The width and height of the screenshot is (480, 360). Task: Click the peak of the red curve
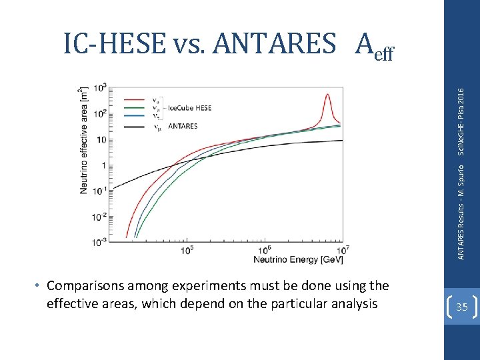[x=327, y=95]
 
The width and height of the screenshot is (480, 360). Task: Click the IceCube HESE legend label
[x=189, y=107]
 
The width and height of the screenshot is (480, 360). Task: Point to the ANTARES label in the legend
[x=182, y=126]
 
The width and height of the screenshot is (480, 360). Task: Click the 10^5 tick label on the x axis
[x=187, y=250]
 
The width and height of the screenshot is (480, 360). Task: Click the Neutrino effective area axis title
[x=83, y=140]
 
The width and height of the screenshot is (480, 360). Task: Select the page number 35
[x=462, y=307]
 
